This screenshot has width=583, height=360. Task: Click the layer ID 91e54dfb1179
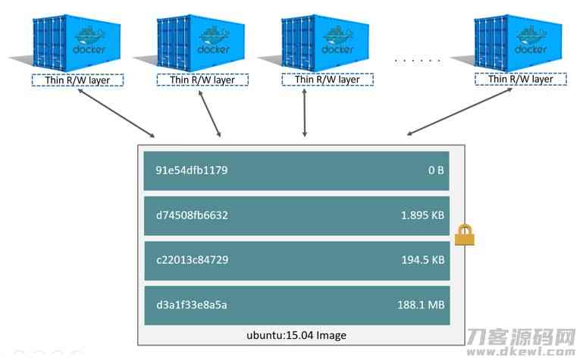pyautogui.click(x=192, y=171)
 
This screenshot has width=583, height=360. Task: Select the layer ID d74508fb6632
pyautogui.click(x=192, y=215)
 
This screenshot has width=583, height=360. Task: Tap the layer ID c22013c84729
pyautogui.click(x=193, y=260)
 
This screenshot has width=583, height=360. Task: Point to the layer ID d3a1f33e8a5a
pyautogui.click(x=192, y=305)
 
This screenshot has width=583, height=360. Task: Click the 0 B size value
pyautogui.click(x=436, y=171)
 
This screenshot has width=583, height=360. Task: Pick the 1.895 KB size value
pyautogui.click(x=422, y=215)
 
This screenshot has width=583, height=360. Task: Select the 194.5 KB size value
pyautogui.click(x=423, y=260)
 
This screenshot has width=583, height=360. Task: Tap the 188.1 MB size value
pyautogui.click(x=421, y=305)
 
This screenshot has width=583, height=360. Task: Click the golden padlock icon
pyautogui.click(x=465, y=235)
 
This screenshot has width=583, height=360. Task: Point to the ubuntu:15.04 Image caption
pyautogui.click(x=296, y=336)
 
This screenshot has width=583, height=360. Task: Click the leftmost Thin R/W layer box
pyautogui.click(x=77, y=80)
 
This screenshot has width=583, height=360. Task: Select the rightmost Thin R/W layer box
pyautogui.click(x=521, y=79)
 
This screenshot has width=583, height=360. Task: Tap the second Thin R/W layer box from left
pyautogui.click(x=202, y=80)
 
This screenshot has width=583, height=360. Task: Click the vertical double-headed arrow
pyautogui.click(x=305, y=113)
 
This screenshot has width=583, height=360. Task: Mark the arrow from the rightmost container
pyautogui.click(x=459, y=111)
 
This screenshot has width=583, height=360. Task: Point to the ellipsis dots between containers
pyautogui.click(x=418, y=60)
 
